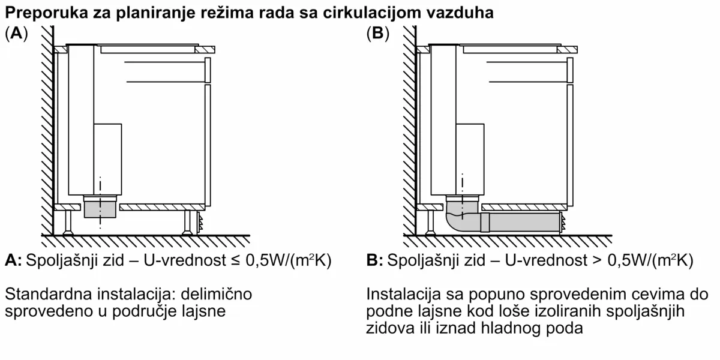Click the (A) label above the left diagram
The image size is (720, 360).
click(16, 34)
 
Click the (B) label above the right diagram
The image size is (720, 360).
click(378, 34)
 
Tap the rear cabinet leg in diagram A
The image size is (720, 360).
click(68, 223)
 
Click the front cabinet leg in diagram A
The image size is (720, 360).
click(187, 223)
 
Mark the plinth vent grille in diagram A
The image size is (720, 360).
click(200, 223)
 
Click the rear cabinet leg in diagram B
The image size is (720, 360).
click(430, 223)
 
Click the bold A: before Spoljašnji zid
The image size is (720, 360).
click(13, 260)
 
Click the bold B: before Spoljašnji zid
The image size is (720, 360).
click(375, 260)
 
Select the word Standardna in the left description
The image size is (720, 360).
click(48, 294)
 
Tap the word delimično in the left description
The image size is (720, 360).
click(216, 294)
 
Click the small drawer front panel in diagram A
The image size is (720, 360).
click(208, 70)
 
